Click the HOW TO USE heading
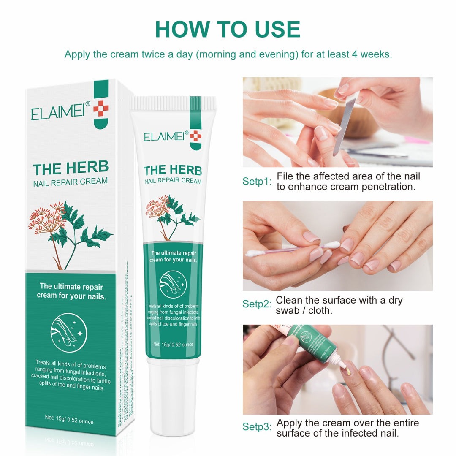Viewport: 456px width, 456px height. click(x=228, y=29)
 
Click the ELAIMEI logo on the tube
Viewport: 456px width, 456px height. click(x=166, y=137)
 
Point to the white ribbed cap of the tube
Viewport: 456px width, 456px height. click(x=173, y=104)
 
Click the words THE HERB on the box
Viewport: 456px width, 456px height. click(x=71, y=168)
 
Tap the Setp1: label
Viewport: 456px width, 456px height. click(x=257, y=182)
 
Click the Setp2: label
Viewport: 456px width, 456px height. click(x=257, y=304)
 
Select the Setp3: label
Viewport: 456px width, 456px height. click(x=257, y=427)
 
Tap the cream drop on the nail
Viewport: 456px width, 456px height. click(x=347, y=370)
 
